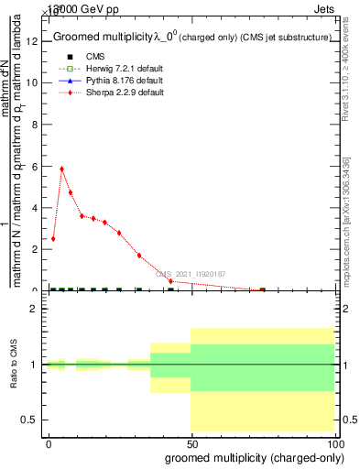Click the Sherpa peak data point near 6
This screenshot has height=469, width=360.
[61, 169]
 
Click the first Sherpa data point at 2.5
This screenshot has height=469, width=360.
[53, 238]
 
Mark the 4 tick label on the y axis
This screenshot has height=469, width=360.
[34, 207]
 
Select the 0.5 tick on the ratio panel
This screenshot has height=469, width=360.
[29, 420]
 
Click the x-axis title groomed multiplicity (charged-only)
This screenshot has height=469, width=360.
[250, 457]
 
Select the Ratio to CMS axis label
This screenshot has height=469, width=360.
[13, 364]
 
